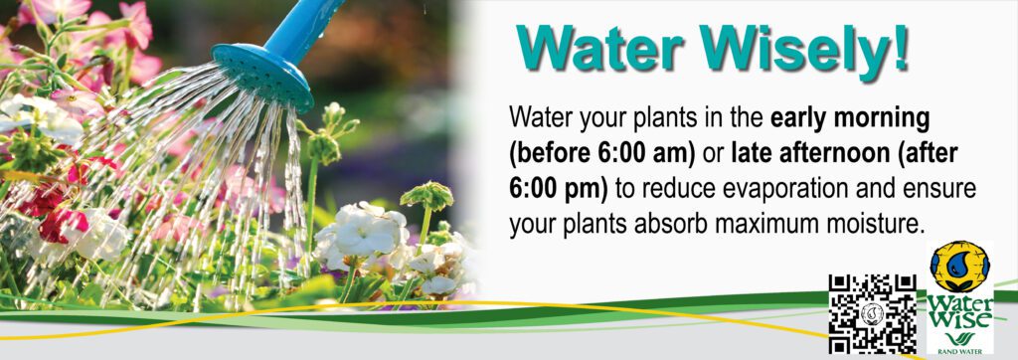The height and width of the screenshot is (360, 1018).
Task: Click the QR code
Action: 873,312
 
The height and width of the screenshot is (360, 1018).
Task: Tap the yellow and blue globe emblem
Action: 959,268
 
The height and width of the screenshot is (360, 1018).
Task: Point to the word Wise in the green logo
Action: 959,319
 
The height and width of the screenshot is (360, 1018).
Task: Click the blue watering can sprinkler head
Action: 262,77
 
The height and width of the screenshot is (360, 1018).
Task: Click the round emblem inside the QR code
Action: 873,314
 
